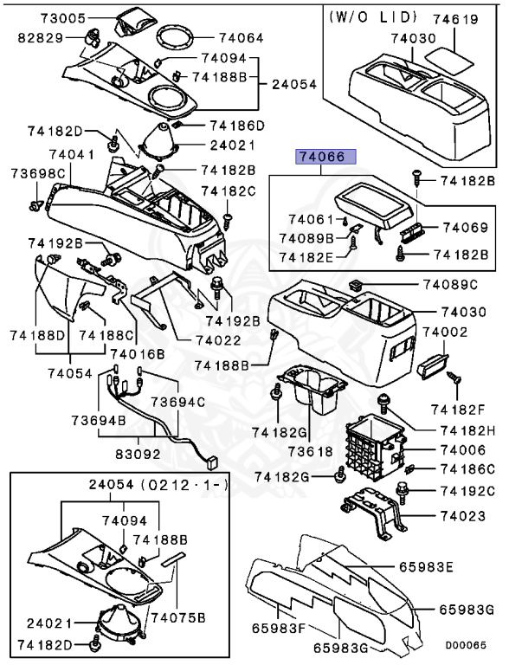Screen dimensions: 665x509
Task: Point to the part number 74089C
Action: [x=450, y=284]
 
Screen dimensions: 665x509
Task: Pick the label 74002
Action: [x=450, y=332]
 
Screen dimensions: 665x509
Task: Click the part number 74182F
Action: [x=469, y=406]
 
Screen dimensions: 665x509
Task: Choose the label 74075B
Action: [x=179, y=617]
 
